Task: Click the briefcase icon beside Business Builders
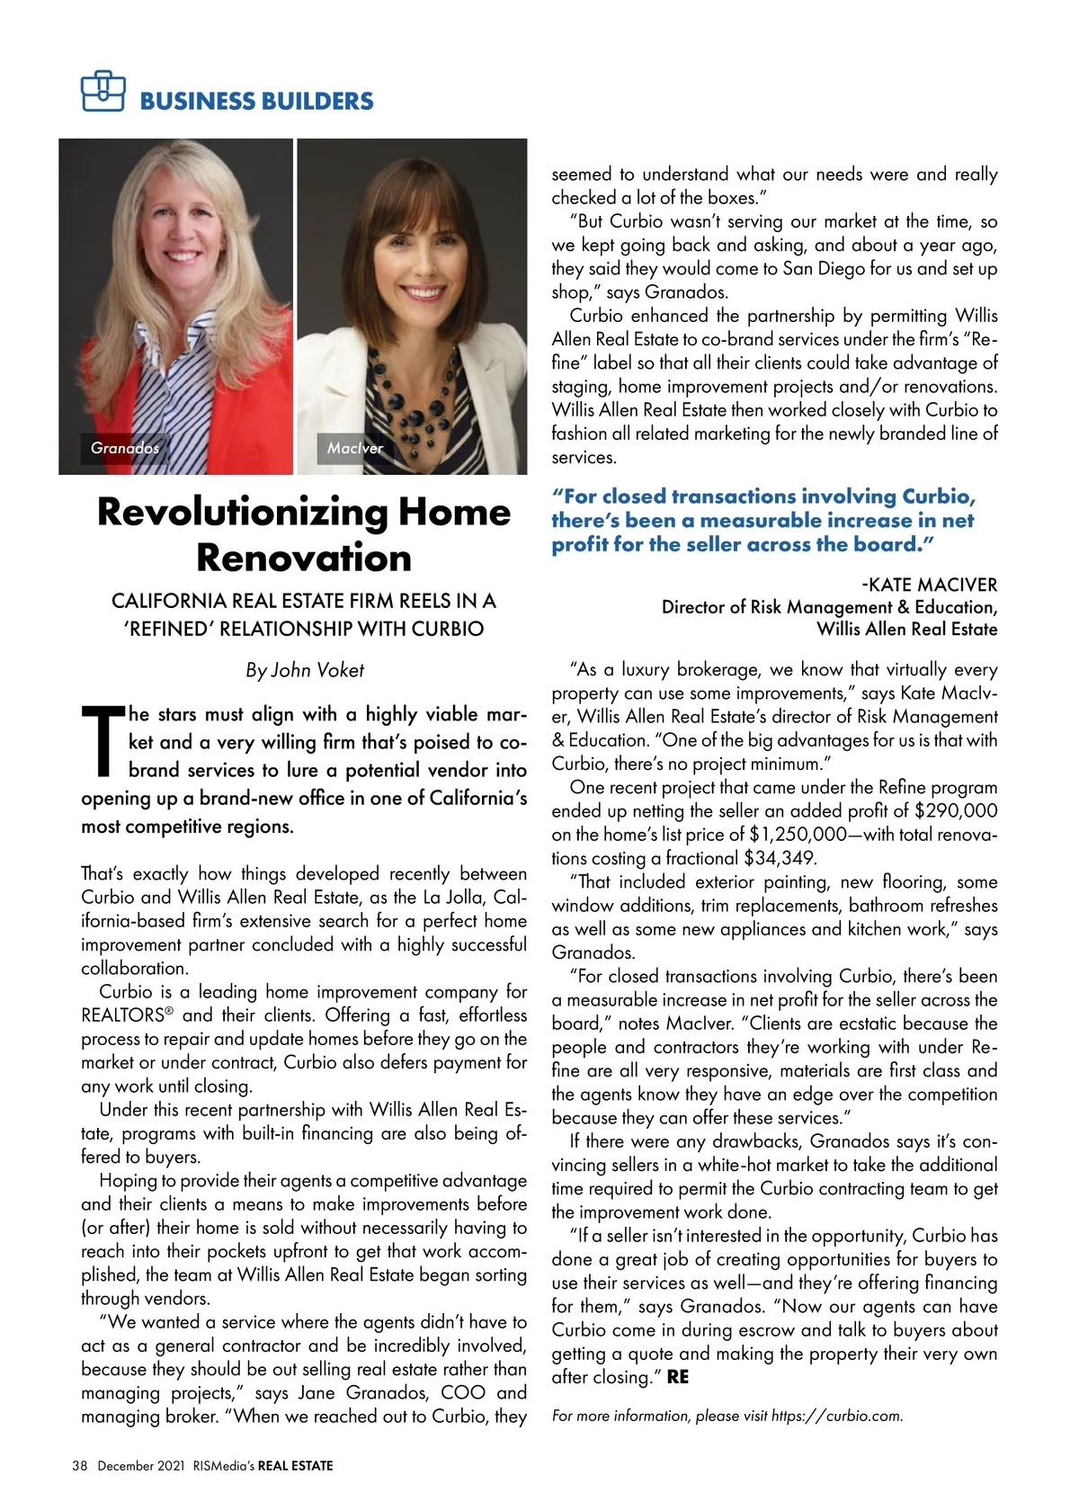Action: (x=102, y=90)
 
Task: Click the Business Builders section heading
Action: (x=256, y=101)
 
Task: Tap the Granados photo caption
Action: (x=124, y=447)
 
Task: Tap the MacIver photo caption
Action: (x=354, y=447)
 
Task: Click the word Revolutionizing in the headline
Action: (x=242, y=512)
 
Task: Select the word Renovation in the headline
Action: (x=304, y=558)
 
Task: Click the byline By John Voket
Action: (x=305, y=670)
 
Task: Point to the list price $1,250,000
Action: (x=798, y=834)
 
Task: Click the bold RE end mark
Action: (x=678, y=1377)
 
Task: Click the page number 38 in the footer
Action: (x=79, y=1466)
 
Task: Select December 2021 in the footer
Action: (x=140, y=1466)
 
